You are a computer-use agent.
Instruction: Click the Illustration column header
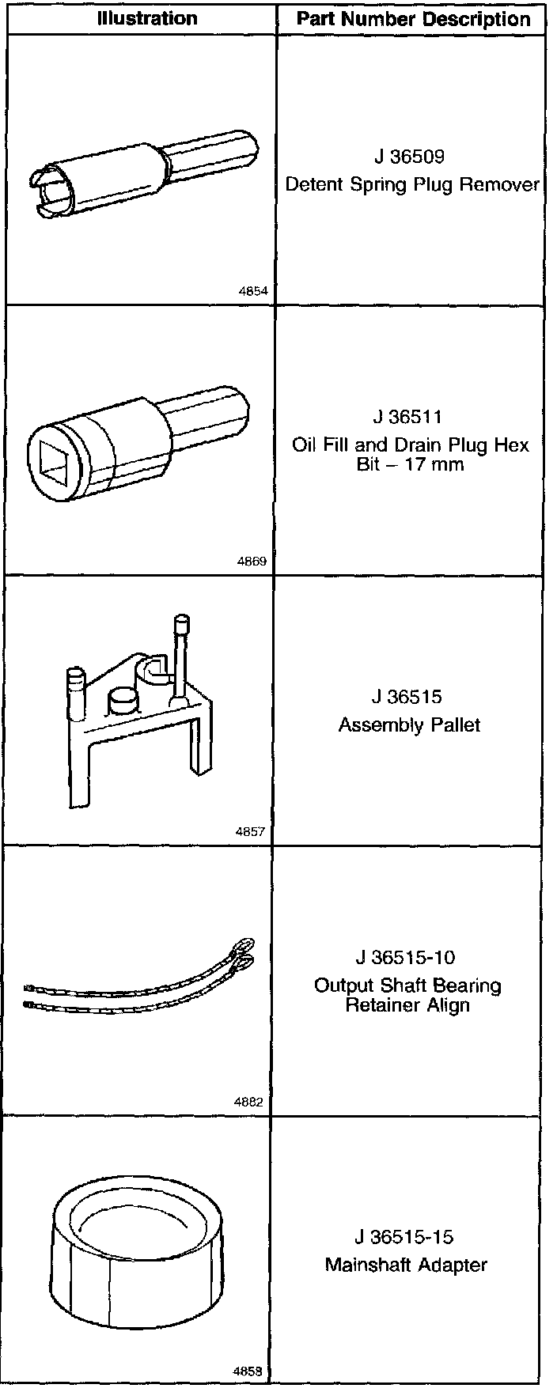[x=147, y=19]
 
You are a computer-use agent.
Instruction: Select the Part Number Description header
[x=413, y=19]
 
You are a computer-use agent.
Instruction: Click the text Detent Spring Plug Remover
[x=412, y=185]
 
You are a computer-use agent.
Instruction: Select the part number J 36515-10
[x=406, y=957]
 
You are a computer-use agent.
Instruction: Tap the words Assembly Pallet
[x=409, y=725]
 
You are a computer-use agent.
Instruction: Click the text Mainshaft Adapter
[x=406, y=1265]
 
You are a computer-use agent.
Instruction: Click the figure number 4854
[x=252, y=291]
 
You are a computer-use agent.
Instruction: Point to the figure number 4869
[x=252, y=562]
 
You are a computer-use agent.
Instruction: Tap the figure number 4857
[x=251, y=832]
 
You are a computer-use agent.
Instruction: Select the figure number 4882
[x=250, y=1101]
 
